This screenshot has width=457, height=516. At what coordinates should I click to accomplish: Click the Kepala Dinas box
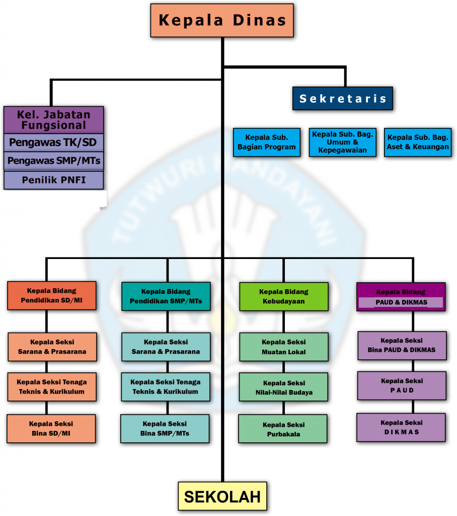tap(222, 20)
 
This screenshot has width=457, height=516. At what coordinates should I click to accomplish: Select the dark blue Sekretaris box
tap(343, 99)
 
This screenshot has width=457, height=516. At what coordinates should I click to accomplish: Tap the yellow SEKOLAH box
tap(222, 496)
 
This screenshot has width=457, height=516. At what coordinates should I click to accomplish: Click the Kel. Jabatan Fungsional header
tap(54, 119)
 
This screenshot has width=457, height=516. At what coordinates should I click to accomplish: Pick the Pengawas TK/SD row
tap(54, 143)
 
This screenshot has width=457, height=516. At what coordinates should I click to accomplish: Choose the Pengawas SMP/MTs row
tap(54, 161)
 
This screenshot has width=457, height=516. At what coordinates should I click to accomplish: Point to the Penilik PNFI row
tap(54, 180)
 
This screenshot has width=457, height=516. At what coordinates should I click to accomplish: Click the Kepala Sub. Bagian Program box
tap(267, 143)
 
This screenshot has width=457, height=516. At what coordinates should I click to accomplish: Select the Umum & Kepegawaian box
tap(343, 143)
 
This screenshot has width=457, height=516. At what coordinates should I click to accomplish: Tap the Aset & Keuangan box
tap(418, 143)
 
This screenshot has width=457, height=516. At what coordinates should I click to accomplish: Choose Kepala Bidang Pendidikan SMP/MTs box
tap(166, 296)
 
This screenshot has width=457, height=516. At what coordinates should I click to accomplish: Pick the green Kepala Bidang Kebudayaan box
tap(284, 296)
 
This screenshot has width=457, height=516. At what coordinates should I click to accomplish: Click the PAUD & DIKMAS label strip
tap(401, 303)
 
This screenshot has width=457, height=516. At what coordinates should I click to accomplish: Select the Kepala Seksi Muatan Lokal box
tap(284, 347)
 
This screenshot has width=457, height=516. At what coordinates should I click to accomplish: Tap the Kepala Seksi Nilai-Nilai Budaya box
tap(284, 388)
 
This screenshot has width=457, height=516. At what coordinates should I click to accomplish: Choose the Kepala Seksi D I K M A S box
tap(401, 427)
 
